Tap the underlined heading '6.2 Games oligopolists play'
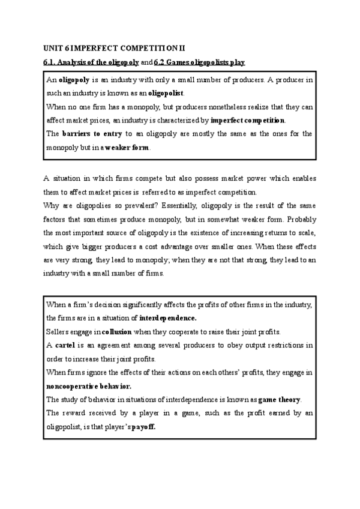coord(200,62)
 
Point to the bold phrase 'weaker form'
coord(127,147)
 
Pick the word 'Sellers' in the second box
coord(57,331)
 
